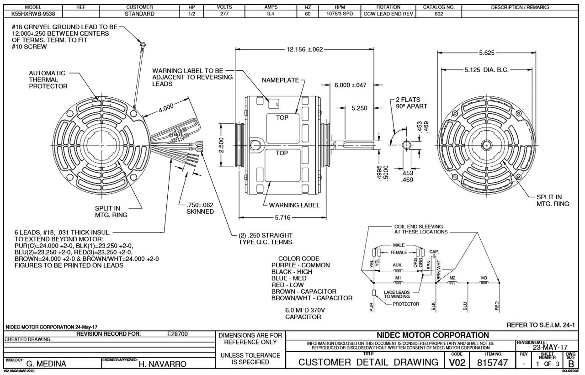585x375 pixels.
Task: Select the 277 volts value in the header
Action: pos(224,14)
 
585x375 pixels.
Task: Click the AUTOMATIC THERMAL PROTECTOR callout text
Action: pos(48,79)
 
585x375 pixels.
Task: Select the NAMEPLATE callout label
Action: pos(280,80)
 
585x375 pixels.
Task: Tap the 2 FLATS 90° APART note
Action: pos(411,103)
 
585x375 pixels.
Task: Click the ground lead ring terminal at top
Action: pos(143,45)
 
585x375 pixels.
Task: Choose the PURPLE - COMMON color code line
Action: pos(300,265)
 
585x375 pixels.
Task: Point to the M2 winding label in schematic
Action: pos(452,278)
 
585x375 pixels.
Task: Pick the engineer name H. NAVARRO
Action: pos(162,364)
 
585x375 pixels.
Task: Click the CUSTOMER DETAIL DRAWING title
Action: pos(368,363)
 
